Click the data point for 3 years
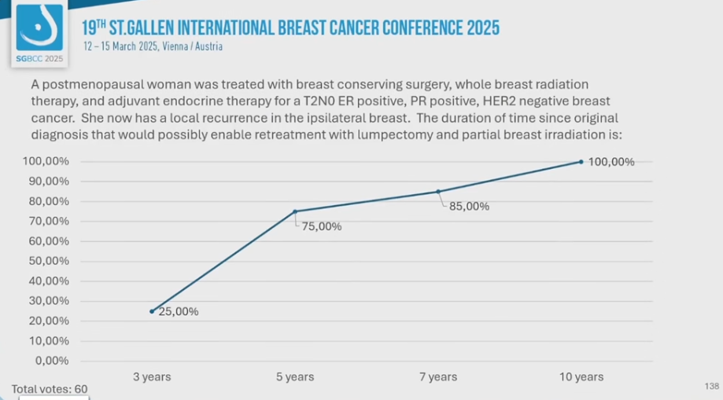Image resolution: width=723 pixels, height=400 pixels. pyautogui.click(x=152, y=311)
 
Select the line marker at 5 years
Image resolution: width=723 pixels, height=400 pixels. pyautogui.click(x=295, y=211)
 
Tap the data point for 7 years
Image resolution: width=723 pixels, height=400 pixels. pyautogui.click(x=438, y=191)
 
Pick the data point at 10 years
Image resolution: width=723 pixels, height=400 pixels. pyautogui.click(x=581, y=162)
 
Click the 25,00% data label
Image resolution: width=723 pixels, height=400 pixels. pyautogui.click(x=179, y=311)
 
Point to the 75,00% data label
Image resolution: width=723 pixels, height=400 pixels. pyautogui.click(x=322, y=226)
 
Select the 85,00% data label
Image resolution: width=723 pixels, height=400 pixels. pyautogui.click(x=469, y=207)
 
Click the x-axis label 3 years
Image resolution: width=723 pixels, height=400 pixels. pyautogui.click(x=152, y=377)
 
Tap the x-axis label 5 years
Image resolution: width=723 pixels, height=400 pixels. pyautogui.click(x=295, y=377)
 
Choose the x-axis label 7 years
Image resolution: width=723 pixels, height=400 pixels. pyautogui.click(x=438, y=377)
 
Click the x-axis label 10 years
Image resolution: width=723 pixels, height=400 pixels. pyautogui.click(x=581, y=377)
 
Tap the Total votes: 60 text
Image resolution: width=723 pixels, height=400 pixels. pyautogui.click(x=50, y=389)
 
